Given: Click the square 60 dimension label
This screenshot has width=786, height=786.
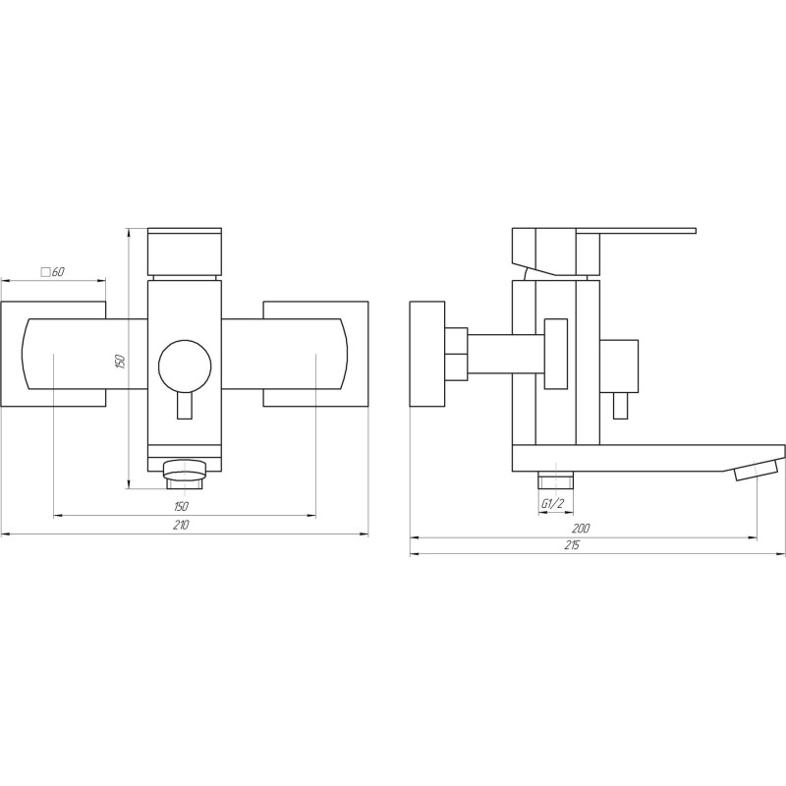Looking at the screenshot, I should pos(52,271).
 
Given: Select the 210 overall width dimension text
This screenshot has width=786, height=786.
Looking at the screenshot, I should pos(181,526).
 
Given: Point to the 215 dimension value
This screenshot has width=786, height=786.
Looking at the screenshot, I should pos(573,545).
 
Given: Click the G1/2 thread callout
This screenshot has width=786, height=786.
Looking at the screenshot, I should pos(553,504).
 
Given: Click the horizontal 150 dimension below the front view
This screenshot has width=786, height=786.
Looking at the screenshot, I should pos(181,505).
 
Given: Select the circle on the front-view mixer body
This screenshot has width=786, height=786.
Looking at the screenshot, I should pos(183,365).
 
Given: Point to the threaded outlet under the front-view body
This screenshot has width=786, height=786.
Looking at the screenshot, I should pos(184,476).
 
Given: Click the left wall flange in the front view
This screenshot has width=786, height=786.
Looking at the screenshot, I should pos(53,354).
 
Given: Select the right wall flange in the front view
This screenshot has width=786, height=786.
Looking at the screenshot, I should pos(314,354).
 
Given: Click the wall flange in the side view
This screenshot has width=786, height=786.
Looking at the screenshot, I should pos(426,353).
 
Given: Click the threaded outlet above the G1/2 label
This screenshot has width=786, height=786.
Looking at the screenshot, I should pos(555,481).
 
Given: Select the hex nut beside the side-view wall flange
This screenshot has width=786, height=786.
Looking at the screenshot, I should pos(456,353).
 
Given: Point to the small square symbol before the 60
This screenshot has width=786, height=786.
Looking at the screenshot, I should pos(43,271).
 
